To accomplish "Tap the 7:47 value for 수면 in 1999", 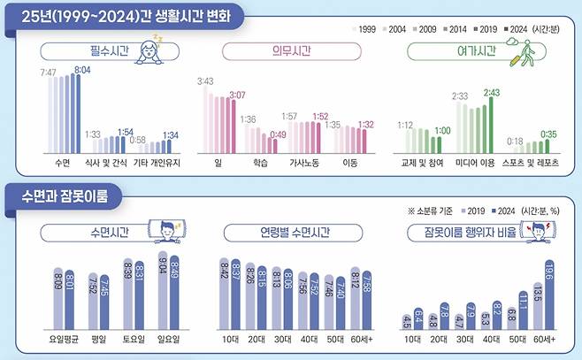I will (49, 70).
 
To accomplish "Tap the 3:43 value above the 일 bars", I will (204, 80).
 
